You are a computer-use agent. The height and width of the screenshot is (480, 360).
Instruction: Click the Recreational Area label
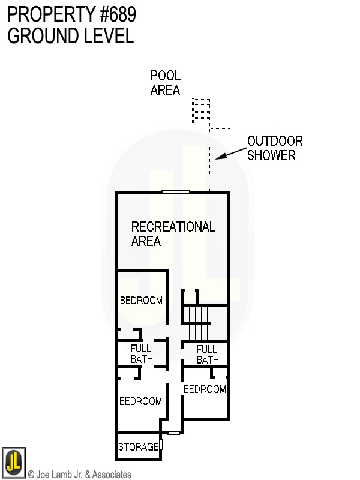coord(173,234)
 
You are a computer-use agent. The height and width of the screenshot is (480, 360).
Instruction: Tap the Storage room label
coord(138,447)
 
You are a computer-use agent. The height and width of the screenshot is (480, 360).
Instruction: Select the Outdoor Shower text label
coord(275,148)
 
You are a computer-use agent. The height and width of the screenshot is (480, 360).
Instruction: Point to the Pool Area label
coord(165,83)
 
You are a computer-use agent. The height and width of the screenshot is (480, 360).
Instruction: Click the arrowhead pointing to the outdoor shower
coord(220,158)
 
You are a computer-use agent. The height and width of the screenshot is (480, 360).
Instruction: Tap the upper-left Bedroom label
coord(141,301)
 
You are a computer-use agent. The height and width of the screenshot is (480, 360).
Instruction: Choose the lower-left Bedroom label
coord(140,401)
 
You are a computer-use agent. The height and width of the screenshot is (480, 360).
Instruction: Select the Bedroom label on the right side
coord(205,389)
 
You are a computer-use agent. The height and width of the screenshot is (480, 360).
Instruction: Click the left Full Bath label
coord(142,354)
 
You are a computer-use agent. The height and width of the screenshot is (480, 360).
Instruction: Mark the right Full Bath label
coord(208,355)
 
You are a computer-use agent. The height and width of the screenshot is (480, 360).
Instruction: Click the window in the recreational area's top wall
coord(176,191)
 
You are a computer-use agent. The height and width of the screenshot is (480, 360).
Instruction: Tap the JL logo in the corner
coord(13,463)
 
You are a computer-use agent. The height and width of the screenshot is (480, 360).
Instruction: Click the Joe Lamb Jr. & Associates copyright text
coord(80,475)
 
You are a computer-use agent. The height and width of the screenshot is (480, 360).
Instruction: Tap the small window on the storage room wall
coord(161,445)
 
